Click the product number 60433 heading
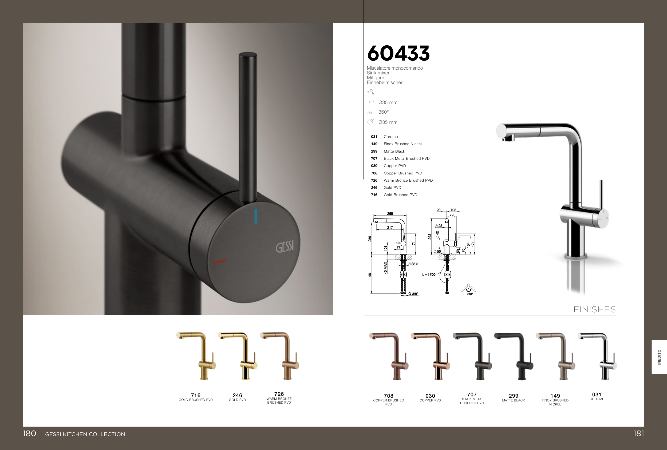398,53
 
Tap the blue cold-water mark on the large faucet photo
256,216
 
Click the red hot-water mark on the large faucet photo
219,261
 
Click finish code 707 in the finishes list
374,159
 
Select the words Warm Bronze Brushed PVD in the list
408,180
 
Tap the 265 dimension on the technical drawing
390,214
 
